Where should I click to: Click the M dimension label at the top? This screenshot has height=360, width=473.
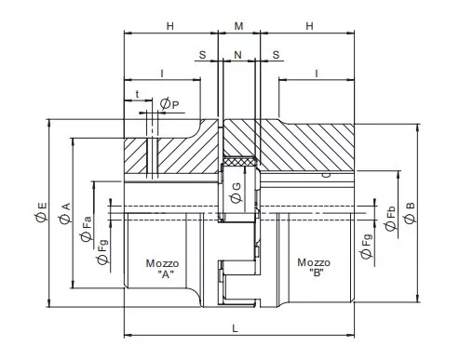238,26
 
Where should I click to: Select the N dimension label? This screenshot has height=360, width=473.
237,55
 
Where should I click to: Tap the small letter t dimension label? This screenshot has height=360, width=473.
137,94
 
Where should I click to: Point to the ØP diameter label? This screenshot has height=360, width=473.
169,104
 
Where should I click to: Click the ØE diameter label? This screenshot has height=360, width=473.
41,212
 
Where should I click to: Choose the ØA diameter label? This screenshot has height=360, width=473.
65,214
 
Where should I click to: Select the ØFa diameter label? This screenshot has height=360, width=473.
87,229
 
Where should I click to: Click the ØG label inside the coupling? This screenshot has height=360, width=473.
236,193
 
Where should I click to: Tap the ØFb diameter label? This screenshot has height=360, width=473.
391,219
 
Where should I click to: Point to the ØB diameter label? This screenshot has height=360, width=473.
410,213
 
